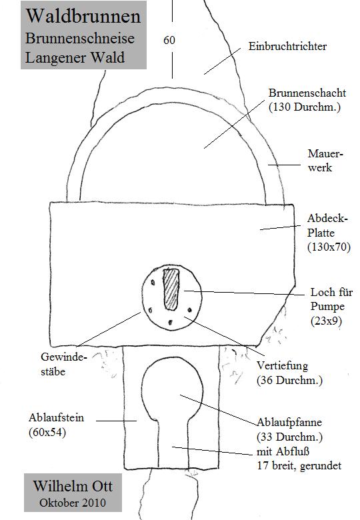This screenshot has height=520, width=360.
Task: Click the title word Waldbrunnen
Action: click(83, 16)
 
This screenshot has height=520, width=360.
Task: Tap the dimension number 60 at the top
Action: click(169, 40)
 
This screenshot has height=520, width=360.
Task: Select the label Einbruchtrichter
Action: click(287, 46)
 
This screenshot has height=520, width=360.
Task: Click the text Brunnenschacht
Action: click(307, 93)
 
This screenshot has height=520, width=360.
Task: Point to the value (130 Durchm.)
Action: click(304, 107)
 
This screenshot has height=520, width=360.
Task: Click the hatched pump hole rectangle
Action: click(171, 289)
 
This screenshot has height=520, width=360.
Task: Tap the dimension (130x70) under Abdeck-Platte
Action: click(329, 247)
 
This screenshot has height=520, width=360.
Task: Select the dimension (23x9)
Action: click(326, 321)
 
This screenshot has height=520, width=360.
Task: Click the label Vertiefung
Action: click(283, 365)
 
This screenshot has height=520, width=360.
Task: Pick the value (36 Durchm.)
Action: click(289, 380)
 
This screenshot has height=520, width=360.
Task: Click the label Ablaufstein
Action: click(56, 417)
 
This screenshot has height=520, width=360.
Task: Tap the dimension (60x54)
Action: click(47, 432)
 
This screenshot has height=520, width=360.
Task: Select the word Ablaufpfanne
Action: click(289, 422)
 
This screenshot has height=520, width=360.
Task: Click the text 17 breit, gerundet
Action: click(299, 465)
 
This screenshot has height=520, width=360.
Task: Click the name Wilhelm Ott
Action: click(73, 486)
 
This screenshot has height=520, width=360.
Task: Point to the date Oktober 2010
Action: click(73, 503)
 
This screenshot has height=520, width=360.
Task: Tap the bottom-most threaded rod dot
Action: click(171, 322)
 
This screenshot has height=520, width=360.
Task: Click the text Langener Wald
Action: click(75, 58)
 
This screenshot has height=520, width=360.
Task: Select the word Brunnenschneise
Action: click(80, 39)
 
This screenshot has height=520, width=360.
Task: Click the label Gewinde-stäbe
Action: click(63, 364)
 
